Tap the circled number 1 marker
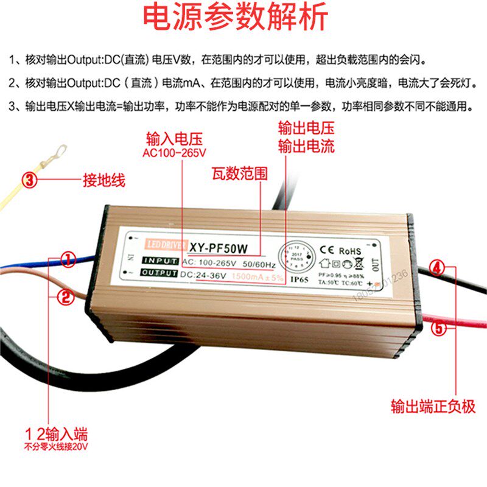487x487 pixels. point(68,261)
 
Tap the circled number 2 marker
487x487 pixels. point(65,296)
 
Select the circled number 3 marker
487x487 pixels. point(31,180)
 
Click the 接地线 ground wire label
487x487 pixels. point(103,180)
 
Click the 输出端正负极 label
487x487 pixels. point(433,407)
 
